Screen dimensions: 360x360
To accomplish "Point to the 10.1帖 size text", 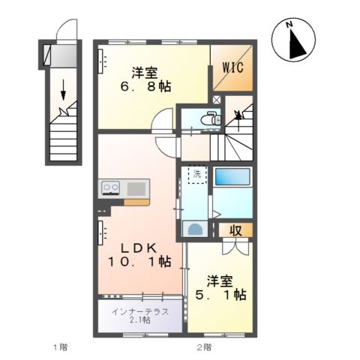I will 142,262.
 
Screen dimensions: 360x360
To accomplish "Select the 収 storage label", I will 235,230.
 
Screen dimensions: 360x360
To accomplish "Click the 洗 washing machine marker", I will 195,175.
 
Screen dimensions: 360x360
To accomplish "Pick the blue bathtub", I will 233,177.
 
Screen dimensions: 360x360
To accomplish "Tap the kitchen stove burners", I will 109,187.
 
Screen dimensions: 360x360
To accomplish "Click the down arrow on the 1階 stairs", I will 62,88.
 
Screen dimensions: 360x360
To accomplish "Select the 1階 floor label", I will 60,346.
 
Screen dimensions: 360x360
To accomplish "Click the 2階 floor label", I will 203,346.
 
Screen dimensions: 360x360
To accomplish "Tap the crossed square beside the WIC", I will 217,98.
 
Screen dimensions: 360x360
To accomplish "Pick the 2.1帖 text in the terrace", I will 140,320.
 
